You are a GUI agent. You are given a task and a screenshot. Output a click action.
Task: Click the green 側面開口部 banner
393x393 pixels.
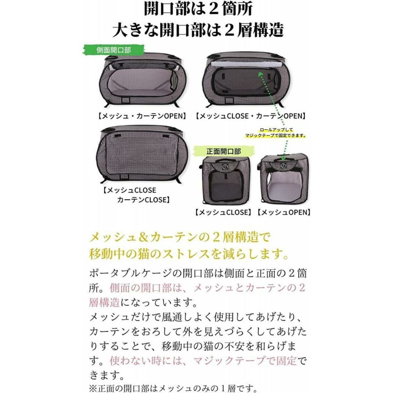click(x=114, y=50)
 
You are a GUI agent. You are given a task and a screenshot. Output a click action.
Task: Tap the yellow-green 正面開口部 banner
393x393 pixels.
click(x=224, y=151)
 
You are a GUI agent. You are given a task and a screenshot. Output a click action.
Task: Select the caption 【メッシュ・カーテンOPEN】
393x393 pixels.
click(x=142, y=116)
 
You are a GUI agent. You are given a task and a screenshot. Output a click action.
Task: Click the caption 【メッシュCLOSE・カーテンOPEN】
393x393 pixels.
click(x=251, y=116)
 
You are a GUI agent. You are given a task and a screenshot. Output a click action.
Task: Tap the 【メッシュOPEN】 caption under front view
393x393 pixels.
click(x=284, y=213)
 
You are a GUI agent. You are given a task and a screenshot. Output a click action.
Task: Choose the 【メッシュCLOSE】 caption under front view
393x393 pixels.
click(x=223, y=213)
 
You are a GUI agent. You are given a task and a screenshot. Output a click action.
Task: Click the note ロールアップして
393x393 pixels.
click(x=276, y=130)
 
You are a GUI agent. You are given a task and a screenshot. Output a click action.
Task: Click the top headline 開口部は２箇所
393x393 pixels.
click(x=198, y=9)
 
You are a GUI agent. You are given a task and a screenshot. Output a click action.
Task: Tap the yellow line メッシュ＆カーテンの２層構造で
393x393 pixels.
click(x=179, y=237)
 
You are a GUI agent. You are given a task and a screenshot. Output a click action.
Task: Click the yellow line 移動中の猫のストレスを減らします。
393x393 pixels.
click(x=189, y=254)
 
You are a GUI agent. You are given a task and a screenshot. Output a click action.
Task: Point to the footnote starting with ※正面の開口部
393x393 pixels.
click(x=173, y=389)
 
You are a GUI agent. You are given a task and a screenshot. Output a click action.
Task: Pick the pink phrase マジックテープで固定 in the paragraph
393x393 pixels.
click(x=245, y=361)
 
